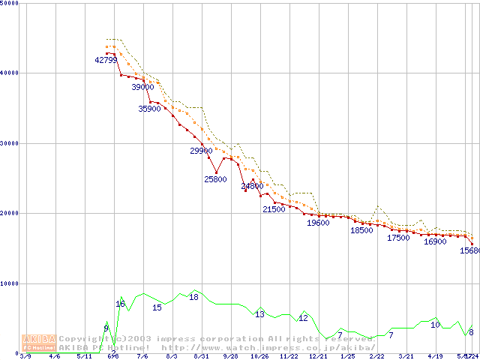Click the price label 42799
point(106,60)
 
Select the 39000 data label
point(142,87)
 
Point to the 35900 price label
point(149,109)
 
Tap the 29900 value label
point(201,151)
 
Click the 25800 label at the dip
point(215,179)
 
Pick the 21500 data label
point(274,209)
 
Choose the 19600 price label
point(318,223)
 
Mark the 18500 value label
point(361,230)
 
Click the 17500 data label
point(398,238)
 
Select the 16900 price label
point(435,241)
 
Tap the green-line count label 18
point(193,297)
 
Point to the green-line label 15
point(157,307)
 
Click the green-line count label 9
point(106,328)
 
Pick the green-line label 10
point(435,325)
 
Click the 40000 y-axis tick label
point(10,73)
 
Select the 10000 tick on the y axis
point(10,283)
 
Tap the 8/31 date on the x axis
point(200,356)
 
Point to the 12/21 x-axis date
point(318,356)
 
